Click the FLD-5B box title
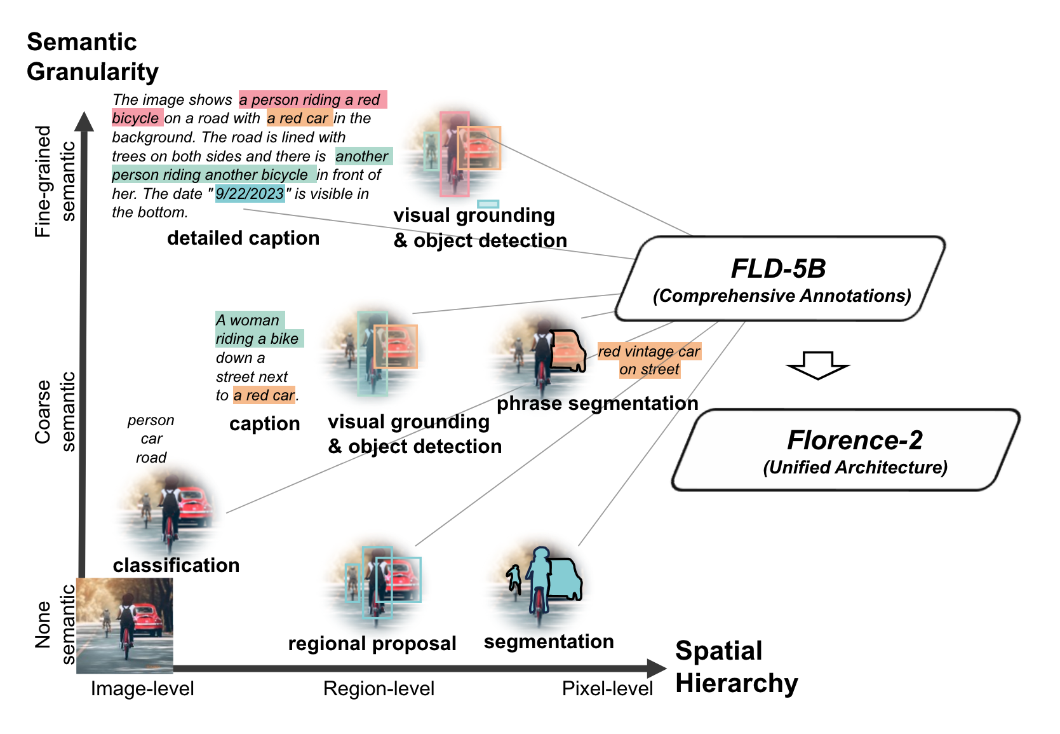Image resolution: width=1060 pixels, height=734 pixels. (x=778, y=269)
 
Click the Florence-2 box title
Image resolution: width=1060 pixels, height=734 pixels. (x=854, y=440)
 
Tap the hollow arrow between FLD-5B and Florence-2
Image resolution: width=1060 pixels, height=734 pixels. (x=817, y=365)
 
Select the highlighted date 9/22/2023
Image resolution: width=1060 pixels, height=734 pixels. (x=250, y=194)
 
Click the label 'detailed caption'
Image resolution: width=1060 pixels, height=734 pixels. (x=243, y=238)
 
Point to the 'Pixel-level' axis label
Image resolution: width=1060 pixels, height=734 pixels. (x=607, y=689)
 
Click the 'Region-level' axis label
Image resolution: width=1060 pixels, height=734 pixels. (x=379, y=689)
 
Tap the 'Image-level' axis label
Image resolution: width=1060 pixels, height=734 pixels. (x=142, y=689)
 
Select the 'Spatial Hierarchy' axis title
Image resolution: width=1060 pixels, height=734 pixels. (x=736, y=667)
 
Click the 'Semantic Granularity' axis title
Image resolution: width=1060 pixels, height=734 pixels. (x=92, y=57)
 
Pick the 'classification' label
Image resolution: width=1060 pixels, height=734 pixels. (x=176, y=566)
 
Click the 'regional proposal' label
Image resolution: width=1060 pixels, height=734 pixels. (x=372, y=644)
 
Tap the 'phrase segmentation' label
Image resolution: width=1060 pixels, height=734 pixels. (x=597, y=404)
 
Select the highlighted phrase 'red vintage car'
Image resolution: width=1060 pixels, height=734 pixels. (x=648, y=351)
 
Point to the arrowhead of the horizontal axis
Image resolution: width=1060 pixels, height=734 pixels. (x=657, y=668)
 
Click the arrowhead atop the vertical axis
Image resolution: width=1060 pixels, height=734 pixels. (x=83, y=121)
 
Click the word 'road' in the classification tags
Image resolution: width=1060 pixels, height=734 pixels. (x=151, y=458)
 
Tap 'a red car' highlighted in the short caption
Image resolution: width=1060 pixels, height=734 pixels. (x=264, y=395)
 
